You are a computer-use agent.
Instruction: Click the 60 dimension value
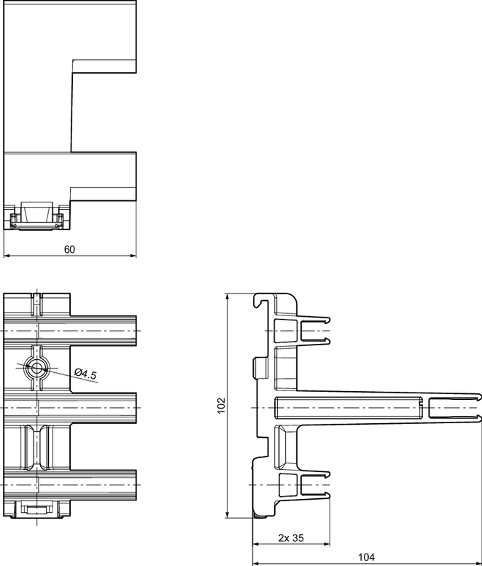point(69,249)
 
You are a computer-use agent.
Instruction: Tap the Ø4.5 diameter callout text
point(85,374)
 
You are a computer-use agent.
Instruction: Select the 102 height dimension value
point(221,405)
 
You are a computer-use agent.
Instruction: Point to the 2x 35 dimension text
point(291,538)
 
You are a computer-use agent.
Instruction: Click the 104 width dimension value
point(366,557)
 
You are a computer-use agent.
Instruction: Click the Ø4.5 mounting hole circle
point(36,368)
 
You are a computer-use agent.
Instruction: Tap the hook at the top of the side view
point(261,300)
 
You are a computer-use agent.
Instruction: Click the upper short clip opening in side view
point(315,330)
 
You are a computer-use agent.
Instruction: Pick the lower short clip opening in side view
point(315,484)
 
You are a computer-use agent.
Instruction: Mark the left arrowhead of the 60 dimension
point(6,256)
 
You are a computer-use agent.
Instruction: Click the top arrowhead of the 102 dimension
point(228,296)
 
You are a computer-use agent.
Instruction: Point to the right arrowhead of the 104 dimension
point(479,563)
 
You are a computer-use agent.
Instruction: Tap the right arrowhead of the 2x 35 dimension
point(327,544)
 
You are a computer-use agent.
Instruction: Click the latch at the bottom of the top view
point(36,216)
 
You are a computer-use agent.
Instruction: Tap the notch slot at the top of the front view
point(37,304)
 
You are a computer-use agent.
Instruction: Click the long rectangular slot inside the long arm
point(349,407)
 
